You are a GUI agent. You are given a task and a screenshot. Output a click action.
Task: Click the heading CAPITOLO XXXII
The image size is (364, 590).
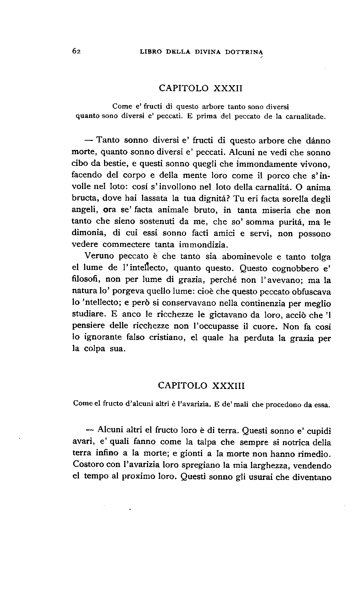coord(200,88)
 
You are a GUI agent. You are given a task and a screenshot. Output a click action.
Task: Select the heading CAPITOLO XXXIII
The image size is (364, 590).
coord(201,385)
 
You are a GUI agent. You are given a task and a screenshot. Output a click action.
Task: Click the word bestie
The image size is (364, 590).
coord(104,164)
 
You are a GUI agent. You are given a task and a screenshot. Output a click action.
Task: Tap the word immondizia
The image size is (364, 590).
coord(204,245)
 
